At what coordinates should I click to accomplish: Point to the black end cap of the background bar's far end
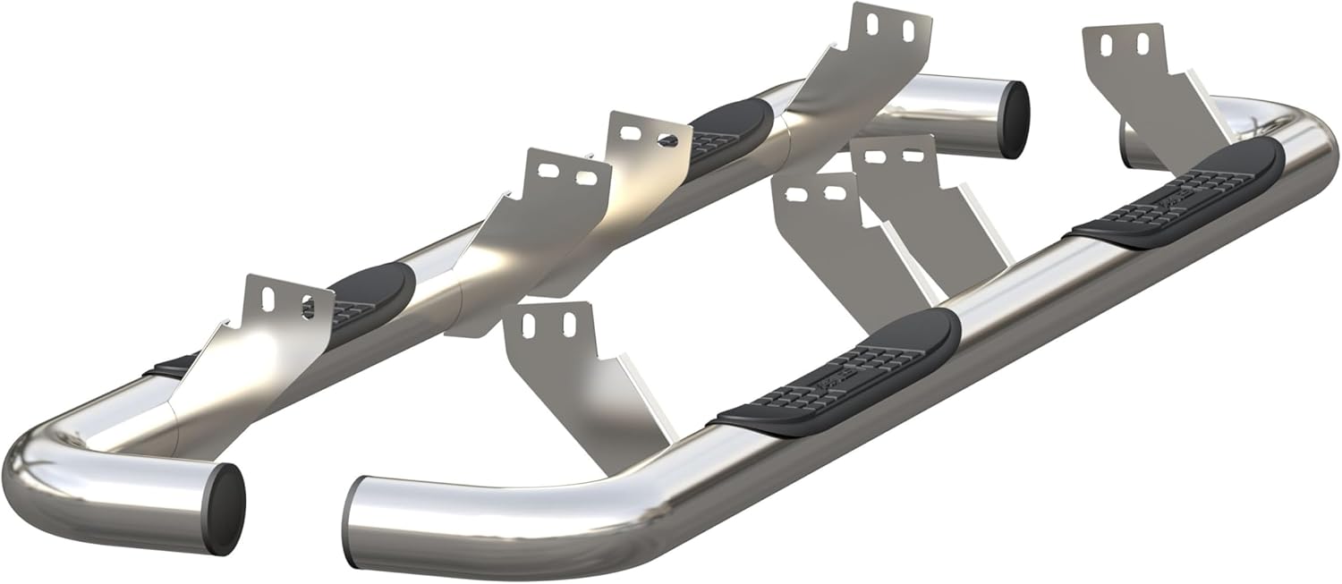1013,119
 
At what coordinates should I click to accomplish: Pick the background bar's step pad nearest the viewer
367,300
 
